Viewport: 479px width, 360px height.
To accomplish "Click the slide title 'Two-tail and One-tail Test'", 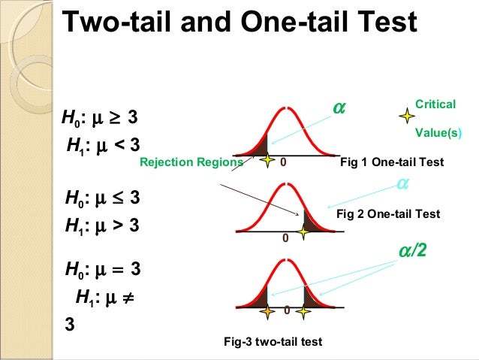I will coord(239,23).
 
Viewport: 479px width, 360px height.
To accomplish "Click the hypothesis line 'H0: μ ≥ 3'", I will coord(100,119).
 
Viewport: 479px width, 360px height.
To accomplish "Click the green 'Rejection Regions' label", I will coord(191,162).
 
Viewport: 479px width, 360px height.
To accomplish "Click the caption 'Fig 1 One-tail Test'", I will coord(392,162).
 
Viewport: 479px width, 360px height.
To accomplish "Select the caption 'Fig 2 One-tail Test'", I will coord(388,214).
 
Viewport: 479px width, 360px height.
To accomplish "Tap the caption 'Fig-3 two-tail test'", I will coord(273,342).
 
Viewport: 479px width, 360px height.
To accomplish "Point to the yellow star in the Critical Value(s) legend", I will coord(407,116).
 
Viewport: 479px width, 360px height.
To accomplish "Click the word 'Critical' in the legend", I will coord(435,104).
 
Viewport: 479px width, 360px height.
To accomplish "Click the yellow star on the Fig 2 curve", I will coord(303,232).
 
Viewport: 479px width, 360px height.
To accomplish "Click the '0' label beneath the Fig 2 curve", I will coord(285,238).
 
